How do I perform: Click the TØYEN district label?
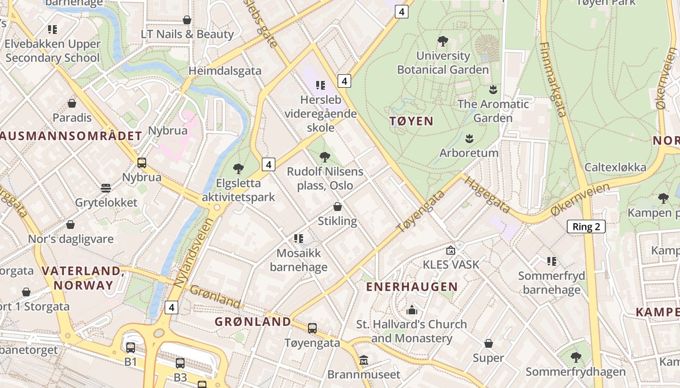click(411, 121)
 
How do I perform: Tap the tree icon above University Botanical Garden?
click(442, 41)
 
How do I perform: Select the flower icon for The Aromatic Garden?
click(493, 90)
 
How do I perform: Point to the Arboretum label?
click(469, 153)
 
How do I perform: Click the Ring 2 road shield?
click(586, 226)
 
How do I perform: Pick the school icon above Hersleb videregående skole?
click(320, 85)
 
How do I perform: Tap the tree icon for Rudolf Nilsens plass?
click(325, 157)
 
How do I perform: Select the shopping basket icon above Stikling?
click(337, 207)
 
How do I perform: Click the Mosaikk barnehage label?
click(299, 260)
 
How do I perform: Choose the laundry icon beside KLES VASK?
click(451, 251)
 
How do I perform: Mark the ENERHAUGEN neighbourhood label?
click(412, 287)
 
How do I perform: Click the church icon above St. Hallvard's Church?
click(412, 310)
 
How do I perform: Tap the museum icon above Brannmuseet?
click(364, 360)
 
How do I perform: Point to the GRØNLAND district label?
click(253, 322)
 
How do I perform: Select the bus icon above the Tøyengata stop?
click(312, 328)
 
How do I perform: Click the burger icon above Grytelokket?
click(106, 188)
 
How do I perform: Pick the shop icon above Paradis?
click(72, 103)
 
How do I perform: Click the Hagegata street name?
click(487, 194)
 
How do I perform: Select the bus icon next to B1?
click(131, 348)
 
